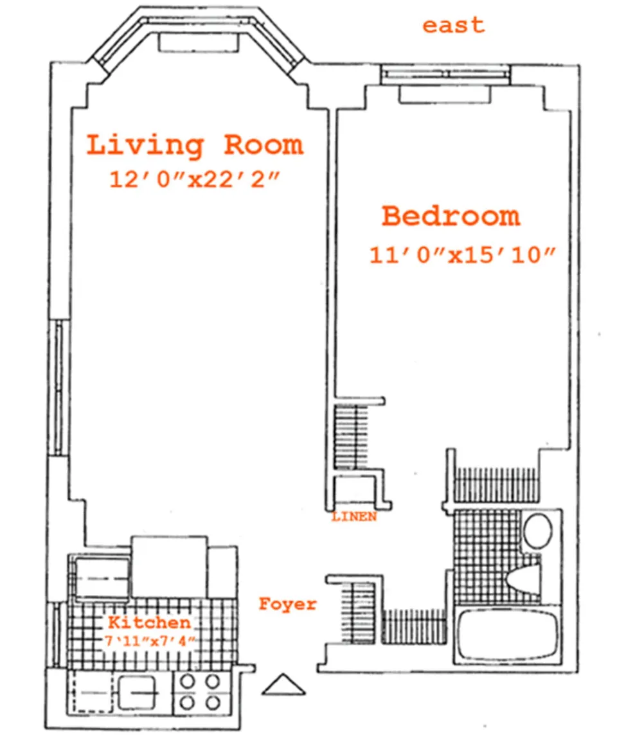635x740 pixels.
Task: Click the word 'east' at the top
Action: click(x=453, y=26)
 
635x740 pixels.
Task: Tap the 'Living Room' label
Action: click(x=195, y=145)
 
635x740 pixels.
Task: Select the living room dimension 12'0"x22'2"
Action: click(x=195, y=180)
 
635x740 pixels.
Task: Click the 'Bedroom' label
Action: click(x=451, y=216)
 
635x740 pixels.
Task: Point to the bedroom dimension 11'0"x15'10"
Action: click(x=462, y=255)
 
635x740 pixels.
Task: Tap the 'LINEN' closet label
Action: click(x=354, y=516)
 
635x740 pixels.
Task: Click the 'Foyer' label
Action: click(x=287, y=604)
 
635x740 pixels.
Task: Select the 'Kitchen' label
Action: click(x=149, y=622)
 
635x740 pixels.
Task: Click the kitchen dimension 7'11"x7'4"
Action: click(x=150, y=641)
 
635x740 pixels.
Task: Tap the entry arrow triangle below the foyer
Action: click(x=283, y=685)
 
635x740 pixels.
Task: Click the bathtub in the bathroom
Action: click(x=507, y=634)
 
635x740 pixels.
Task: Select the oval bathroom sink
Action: click(x=538, y=531)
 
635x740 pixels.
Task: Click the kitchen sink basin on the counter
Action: click(x=138, y=693)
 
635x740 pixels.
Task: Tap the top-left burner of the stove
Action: click(x=188, y=682)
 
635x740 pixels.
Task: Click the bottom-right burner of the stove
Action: click(x=213, y=703)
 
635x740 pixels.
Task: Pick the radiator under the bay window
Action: click(x=199, y=42)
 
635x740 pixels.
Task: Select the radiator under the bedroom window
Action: click(x=445, y=94)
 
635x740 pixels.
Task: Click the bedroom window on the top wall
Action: click(x=445, y=75)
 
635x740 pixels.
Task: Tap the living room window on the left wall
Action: click(x=59, y=388)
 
